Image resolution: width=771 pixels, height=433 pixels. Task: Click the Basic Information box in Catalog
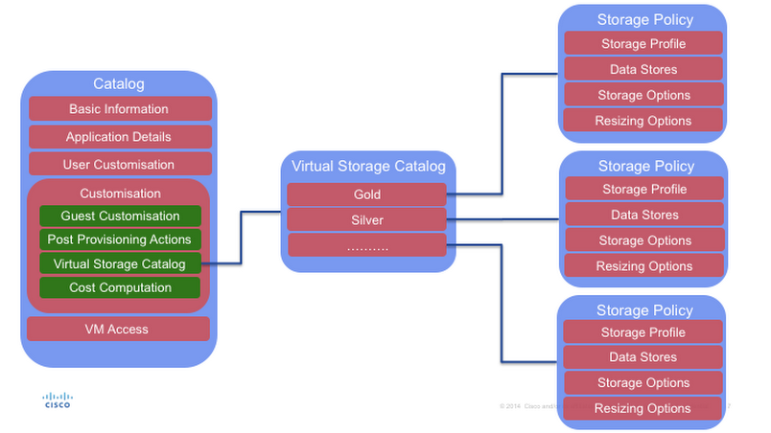(119, 109)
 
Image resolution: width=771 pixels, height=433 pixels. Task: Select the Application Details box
(119, 137)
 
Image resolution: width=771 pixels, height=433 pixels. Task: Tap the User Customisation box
(119, 164)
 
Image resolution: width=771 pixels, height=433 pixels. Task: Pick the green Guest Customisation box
(120, 216)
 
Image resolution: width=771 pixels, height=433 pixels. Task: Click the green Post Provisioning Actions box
(120, 239)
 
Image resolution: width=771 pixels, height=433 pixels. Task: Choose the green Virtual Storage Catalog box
(120, 263)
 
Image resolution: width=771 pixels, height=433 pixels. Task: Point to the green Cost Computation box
(120, 287)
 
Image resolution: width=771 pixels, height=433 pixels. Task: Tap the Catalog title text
(118, 84)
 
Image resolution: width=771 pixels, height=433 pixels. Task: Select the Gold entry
(366, 194)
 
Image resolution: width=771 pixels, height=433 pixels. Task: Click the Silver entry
(366, 219)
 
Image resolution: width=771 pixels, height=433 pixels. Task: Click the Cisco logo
(58, 399)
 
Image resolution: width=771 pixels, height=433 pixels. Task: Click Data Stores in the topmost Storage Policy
(643, 69)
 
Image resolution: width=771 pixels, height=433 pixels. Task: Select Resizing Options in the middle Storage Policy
(644, 266)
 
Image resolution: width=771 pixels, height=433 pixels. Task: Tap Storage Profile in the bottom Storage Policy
(643, 332)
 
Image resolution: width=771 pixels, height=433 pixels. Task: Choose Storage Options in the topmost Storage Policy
(643, 95)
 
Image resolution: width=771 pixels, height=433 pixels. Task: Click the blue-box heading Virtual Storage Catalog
(367, 167)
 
